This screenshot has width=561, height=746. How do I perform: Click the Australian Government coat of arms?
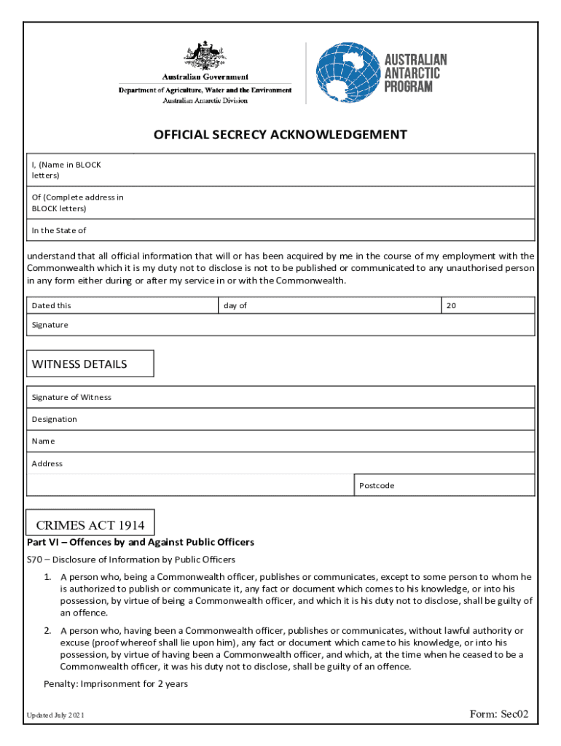pos(205,56)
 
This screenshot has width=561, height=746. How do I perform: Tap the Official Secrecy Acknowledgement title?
pos(280,135)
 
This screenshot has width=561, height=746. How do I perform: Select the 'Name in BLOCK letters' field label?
pos(66,170)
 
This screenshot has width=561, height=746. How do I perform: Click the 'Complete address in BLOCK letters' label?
pos(77,203)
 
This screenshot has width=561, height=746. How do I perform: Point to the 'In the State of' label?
pos(59,230)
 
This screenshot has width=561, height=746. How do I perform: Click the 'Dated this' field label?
pos(52,305)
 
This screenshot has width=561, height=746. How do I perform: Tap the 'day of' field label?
pos(235,305)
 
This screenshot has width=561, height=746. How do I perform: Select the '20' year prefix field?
pos(451,305)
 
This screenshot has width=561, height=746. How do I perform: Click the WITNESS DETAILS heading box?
pos(90,364)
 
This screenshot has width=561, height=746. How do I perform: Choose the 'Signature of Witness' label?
pos(71,397)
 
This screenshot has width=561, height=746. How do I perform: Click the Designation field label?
pos(54,419)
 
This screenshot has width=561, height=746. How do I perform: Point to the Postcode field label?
pos(377,485)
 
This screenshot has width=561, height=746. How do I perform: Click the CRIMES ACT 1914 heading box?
pos(90,525)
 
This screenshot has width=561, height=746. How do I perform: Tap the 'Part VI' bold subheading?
pos(141,542)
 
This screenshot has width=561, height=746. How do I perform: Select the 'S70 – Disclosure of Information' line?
pos(131,559)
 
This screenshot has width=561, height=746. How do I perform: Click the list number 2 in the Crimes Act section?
pos(47,631)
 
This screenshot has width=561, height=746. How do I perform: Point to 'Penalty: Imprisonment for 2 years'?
pos(116,683)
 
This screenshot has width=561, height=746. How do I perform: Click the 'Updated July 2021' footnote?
pos(55,715)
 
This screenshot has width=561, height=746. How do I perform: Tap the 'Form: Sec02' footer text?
pos(499,714)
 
